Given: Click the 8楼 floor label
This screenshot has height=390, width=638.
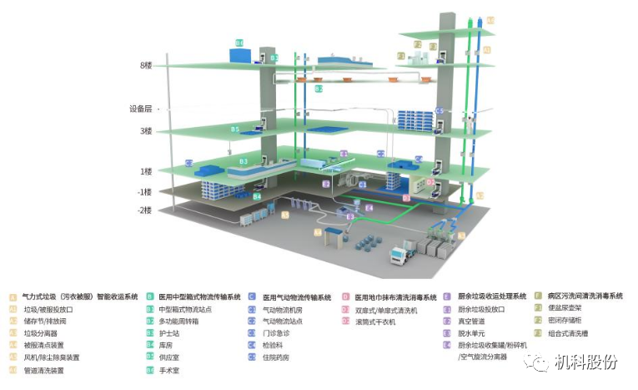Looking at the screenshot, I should (146, 65).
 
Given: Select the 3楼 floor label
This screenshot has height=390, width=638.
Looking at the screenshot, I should (146, 131).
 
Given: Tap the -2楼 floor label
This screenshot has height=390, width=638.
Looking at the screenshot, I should (145, 210).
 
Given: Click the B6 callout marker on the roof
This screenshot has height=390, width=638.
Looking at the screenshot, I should (239, 42).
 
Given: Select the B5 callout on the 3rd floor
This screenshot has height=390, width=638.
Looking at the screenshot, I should (235, 129).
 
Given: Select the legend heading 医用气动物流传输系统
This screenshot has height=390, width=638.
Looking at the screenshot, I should (297, 297).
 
